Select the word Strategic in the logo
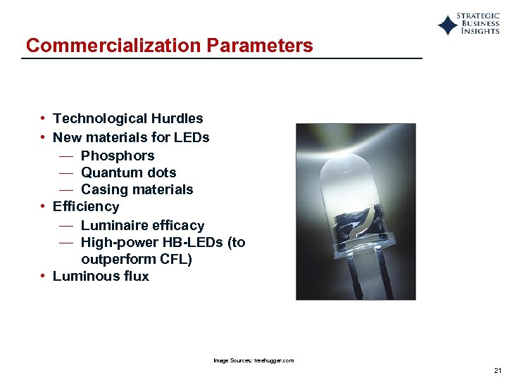[478, 16]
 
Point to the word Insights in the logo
[480, 32]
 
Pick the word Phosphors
[118, 156]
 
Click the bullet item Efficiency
[86, 206]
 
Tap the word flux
[134, 276]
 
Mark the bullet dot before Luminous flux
[44, 276]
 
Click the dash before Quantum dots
[66, 172]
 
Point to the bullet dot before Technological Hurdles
[44, 119]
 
